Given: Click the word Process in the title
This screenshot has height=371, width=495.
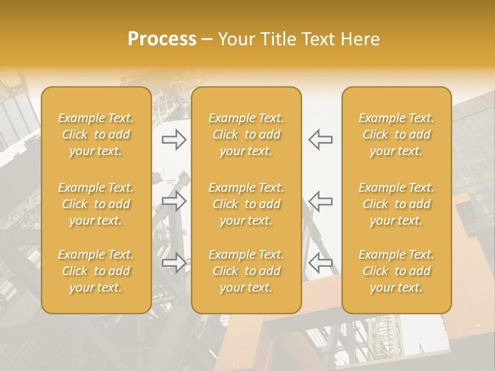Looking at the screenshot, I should (x=162, y=39).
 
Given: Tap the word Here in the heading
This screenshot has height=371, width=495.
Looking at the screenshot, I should (x=359, y=39).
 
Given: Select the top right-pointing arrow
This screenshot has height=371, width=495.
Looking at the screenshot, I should (x=174, y=140).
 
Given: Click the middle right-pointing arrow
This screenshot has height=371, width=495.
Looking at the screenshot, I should (x=174, y=201).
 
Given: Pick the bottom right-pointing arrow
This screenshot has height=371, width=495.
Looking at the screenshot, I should (x=174, y=263).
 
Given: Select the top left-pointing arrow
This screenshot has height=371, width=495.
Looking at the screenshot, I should (x=321, y=140).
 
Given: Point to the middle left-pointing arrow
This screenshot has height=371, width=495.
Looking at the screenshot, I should (x=321, y=201).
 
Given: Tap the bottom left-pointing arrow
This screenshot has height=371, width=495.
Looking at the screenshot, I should (x=321, y=263).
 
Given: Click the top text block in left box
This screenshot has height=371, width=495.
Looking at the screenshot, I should (x=96, y=134).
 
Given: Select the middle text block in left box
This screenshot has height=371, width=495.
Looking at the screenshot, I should (x=96, y=204).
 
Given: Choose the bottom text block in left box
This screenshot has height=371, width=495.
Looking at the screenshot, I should (x=96, y=271).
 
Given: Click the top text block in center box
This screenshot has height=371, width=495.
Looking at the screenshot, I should (x=246, y=134).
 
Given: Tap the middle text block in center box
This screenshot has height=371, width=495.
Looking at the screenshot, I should (x=246, y=204).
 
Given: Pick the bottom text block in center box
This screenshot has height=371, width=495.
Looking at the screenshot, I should (x=246, y=271).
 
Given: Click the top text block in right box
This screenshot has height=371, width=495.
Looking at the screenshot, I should (x=397, y=134).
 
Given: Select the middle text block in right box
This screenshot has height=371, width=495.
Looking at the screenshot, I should (x=397, y=204).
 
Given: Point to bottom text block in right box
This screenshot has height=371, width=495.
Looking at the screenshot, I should (x=397, y=271).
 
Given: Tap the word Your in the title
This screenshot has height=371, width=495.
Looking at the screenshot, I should (x=235, y=39).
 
